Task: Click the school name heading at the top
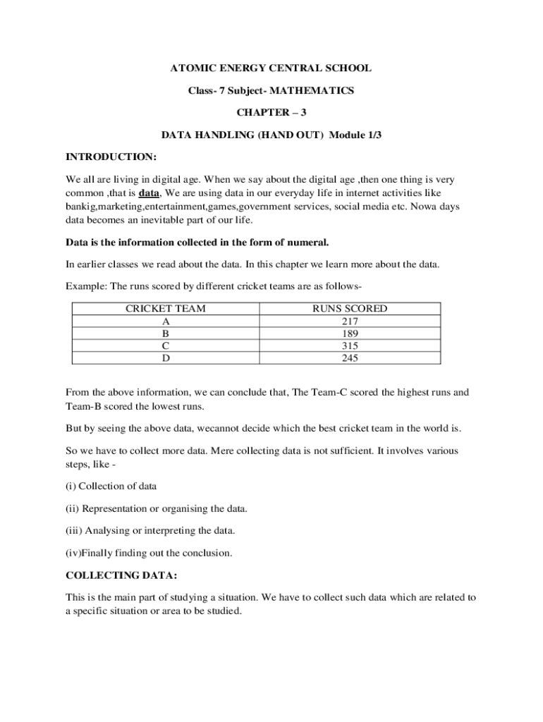click(x=271, y=68)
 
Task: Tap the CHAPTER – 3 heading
click(x=271, y=113)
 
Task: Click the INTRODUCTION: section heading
click(x=111, y=157)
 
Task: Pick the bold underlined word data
click(x=149, y=192)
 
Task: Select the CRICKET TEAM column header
click(x=166, y=309)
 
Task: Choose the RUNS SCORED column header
click(x=350, y=309)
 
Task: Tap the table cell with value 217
click(x=350, y=321)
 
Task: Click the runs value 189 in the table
click(x=350, y=334)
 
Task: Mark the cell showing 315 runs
click(x=350, y=345)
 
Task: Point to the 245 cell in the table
click(x=350, y=358)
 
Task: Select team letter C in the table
click(x=166, y=345)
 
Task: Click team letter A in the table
click(x=166, y=321)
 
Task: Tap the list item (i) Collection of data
click(x=111, y=486)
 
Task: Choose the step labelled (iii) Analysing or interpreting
click(x=151, y=530)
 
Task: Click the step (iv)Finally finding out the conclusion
click(x=149, y=552)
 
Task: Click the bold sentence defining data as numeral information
click(x=197, y=243)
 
